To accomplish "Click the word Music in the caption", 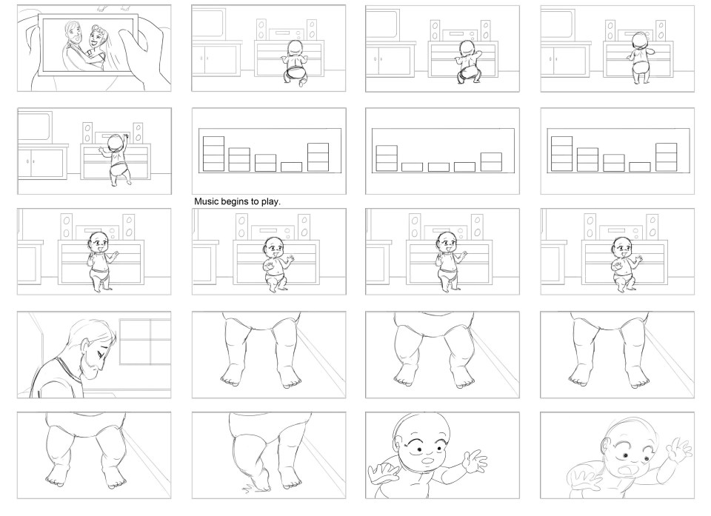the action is click(x=206, y=201).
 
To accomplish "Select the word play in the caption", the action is click(x=270, y=202).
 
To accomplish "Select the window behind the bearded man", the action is click(x=145, y=341).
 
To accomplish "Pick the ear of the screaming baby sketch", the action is click(x=607, y=446).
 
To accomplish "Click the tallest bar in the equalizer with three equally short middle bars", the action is click(x=387, y=158).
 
